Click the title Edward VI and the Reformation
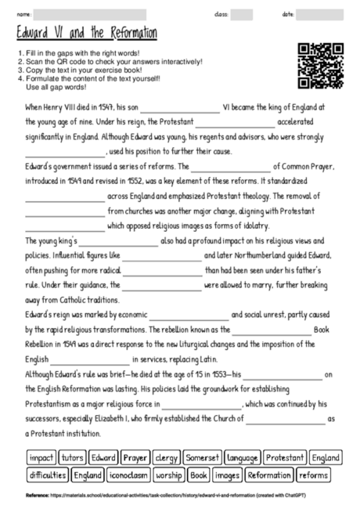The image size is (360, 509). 87,34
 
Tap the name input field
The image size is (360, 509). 90,14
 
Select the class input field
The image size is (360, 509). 241,14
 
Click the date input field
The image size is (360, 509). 321,14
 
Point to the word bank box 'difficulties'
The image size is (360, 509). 47,475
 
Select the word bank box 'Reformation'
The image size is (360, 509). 268,475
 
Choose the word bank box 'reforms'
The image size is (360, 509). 313,475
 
